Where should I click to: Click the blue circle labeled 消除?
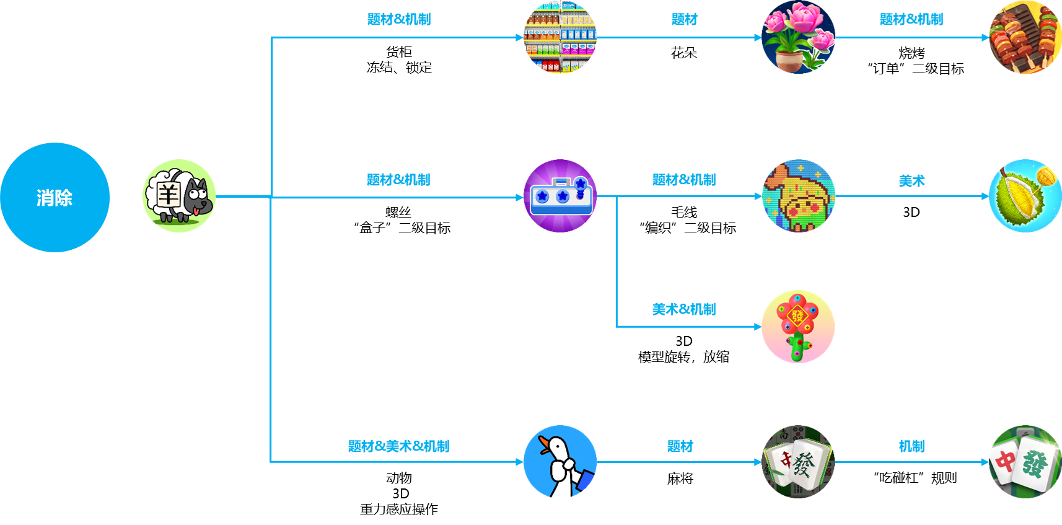(55, 197)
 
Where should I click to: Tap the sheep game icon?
(179, 196)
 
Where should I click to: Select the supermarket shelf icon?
(560, 37)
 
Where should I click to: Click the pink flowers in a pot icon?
(798, 37)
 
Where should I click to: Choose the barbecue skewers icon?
(1025, 37)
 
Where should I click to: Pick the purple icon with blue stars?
(560, 196)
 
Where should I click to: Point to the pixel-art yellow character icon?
(798, 196)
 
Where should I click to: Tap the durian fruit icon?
(1025, 196)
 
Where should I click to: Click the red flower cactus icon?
(798, 326)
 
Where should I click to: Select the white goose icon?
(560, 462)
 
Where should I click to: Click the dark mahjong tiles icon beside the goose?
(798, 462)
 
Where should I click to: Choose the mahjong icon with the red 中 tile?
(1025, 462)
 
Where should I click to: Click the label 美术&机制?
(684, 309)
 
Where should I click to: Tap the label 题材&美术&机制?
(399, 446)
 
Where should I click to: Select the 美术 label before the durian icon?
(911, 181)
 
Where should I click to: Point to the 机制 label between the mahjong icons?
(911, 446)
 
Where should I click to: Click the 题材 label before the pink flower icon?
(685, 19)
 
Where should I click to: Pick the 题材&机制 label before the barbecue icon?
(911, 19)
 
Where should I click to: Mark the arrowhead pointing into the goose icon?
(519, 462)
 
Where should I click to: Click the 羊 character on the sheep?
(168, 195)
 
